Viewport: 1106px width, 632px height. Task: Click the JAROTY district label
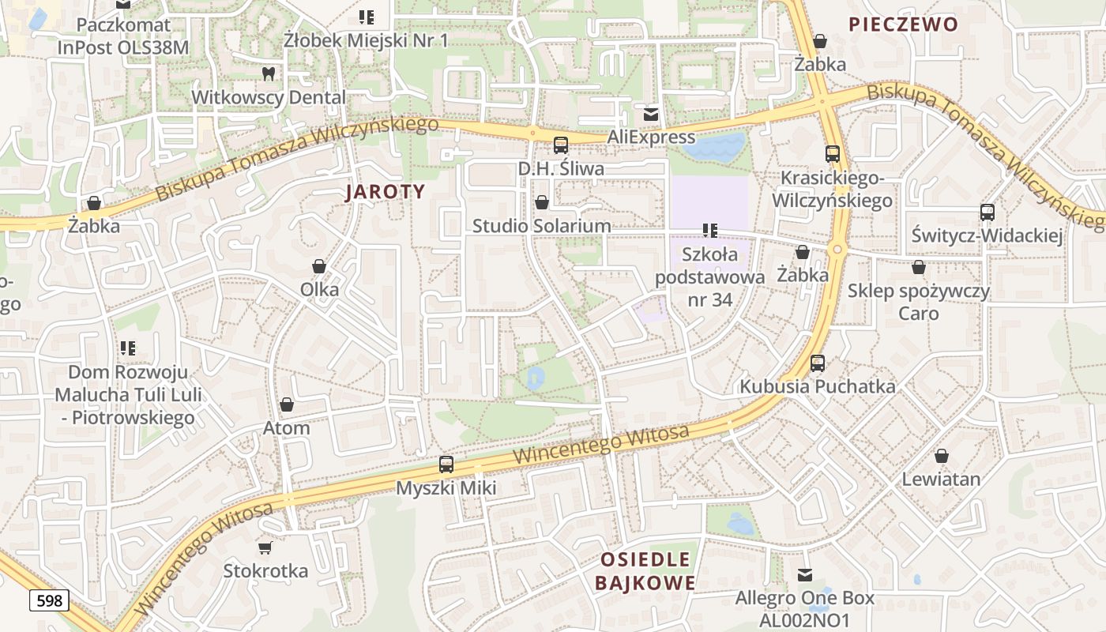(x=386, y=192)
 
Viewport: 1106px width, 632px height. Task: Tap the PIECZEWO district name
(x=903, y=24)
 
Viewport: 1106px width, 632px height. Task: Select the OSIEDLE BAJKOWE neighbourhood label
(x=645, y=571)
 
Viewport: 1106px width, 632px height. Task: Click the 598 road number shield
(x=49, y=601)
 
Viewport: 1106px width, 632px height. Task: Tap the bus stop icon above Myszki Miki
(x=446, y=465)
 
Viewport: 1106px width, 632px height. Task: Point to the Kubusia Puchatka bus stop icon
(x=818, y=363)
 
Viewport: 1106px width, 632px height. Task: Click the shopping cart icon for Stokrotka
(x=265, y=547)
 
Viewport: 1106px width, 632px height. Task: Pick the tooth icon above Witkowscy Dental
(x=269, y=74)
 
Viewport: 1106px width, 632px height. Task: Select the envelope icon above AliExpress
(x=651, y=115)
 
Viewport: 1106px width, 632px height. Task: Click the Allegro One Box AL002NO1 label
(x=804, y=608)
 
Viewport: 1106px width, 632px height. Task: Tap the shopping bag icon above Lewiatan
(x=941, y=456)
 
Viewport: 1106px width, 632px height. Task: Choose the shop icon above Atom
(x=287, y=405)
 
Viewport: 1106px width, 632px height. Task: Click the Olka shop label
(x=319, y=289)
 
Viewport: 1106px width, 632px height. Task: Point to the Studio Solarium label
(x=541, y=226)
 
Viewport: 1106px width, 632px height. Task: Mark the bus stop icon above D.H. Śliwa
(x=561, y=145)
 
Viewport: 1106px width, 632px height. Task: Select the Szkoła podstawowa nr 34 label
(x=709, y=276)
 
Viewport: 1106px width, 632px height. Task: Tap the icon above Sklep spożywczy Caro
(x=918, y=268)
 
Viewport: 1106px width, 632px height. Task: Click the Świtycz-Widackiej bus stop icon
(x=987, y=212)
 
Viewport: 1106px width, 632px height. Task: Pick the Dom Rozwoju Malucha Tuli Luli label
(x=128, y=394)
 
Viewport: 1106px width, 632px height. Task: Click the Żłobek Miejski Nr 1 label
(x=366, y=39)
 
